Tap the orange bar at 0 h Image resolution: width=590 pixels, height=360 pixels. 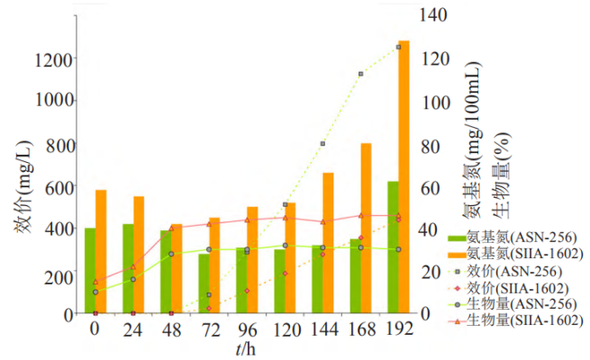coord(101,252)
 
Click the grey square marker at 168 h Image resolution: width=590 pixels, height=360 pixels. coord(360,74)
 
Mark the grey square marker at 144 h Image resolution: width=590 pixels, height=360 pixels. coord(322,144)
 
